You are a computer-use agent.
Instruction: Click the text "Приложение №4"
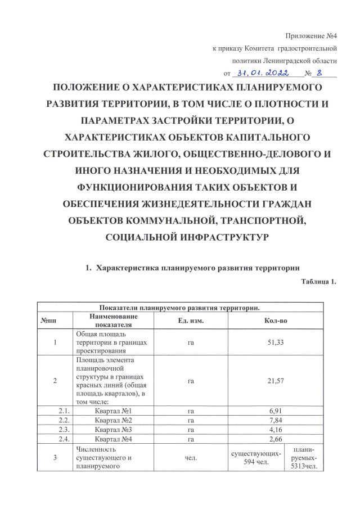[x=311, y=36]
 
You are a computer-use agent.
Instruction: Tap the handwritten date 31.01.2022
[x=263, y=73]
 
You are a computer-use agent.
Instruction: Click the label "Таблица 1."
[x=319, y=282]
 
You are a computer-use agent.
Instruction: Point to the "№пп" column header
[x=48, y=320]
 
